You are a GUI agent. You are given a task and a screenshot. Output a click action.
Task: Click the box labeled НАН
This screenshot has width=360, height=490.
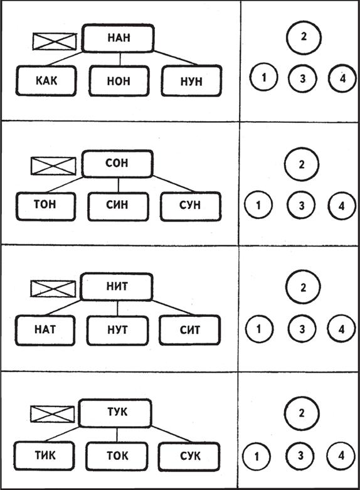click(118, 38)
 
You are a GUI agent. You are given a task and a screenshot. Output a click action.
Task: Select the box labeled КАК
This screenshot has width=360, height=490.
click(46, 80)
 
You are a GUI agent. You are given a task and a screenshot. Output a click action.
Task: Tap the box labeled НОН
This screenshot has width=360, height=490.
click(119, 81)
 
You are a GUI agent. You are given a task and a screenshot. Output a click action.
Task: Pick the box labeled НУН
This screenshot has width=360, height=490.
click(191, 81)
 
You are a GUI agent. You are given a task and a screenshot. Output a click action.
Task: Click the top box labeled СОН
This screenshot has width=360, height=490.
click(117, 163)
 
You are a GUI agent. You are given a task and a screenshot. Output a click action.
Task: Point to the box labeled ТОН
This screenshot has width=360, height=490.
click(46, 206)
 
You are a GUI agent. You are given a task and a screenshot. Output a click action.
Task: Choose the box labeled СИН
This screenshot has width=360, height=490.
click(118, 206)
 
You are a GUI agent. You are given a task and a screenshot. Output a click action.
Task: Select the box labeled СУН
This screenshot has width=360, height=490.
click(191, 206)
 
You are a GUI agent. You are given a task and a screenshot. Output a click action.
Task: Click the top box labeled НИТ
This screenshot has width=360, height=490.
click(117, 287)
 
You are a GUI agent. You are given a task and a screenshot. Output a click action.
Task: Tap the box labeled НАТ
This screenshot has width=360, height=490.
click(45, 330)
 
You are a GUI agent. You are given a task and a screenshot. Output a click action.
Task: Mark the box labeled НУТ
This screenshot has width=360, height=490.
click(117, 331)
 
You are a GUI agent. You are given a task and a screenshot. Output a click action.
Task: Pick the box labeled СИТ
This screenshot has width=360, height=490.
click(189, 330)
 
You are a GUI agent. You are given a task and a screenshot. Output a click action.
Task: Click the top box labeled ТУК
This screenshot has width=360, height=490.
click(115, 413)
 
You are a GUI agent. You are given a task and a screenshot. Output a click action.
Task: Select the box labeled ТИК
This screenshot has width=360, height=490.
click(44, 455)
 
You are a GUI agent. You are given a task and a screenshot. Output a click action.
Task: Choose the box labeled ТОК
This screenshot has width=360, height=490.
click(117, 456)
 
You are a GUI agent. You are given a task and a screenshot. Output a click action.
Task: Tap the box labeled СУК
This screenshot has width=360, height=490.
click(189, 456)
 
